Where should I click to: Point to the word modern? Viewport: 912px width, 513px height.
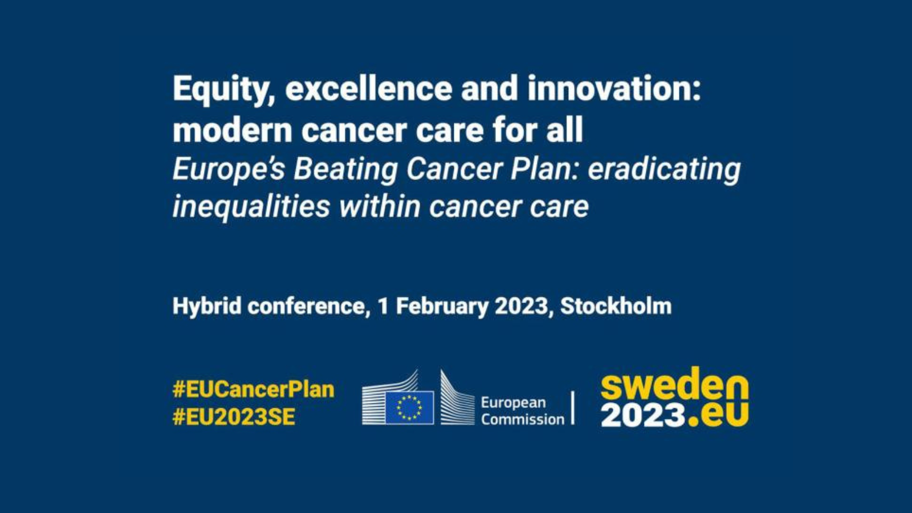click(232, 131)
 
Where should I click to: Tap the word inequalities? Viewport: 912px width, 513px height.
click(251, 207)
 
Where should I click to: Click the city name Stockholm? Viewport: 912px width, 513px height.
click(616, 306)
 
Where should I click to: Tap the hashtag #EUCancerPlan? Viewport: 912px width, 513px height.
click(253, 389)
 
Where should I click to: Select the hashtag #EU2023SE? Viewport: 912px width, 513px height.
click(234, 417)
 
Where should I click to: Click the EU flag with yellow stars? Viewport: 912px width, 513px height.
click(410, 408)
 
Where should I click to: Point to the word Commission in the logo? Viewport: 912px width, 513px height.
click(523, 419)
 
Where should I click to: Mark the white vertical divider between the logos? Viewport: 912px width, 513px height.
click(573, 408)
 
